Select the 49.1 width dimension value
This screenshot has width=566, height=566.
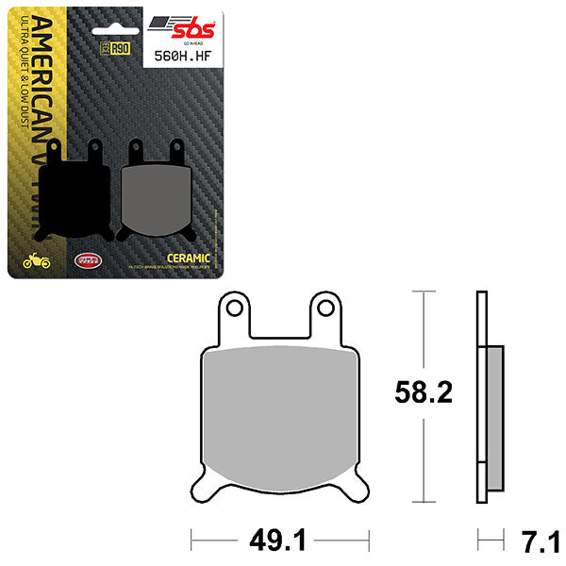(x=280, y=541)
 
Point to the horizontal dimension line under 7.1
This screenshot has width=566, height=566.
(x=490, y=541)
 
